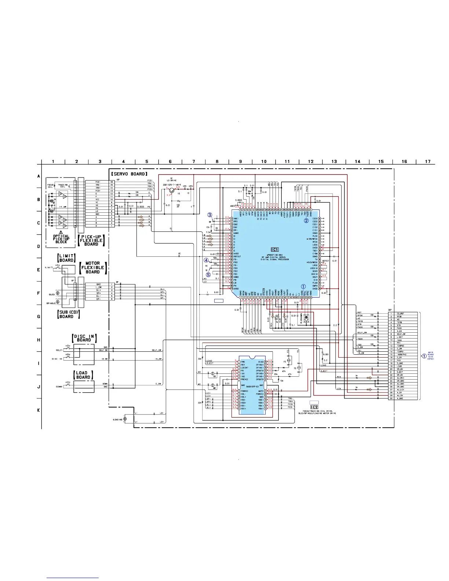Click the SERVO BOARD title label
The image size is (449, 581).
pos(129,173)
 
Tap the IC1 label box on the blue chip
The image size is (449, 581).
pos(275,250)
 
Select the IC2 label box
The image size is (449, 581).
pos(314,407)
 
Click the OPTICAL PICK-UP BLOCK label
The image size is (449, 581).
pos(61,239)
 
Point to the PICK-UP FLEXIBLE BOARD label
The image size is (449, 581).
pos(91,240)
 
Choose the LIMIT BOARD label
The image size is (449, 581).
pos(66,258)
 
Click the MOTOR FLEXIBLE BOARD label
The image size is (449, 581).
pos(92,267)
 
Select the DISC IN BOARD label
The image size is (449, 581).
pos(84,338)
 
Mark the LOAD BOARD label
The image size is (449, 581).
pos(83,375)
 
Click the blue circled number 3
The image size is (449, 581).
pos(210,215)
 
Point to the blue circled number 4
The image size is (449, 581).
pos(207,260)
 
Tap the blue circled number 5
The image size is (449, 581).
pos(208,274)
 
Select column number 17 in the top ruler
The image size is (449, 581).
pos(428,161)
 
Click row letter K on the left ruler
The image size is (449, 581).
pos(39,410)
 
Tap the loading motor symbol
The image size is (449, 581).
pos(125,419)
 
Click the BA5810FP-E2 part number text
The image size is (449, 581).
pos(251,387)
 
